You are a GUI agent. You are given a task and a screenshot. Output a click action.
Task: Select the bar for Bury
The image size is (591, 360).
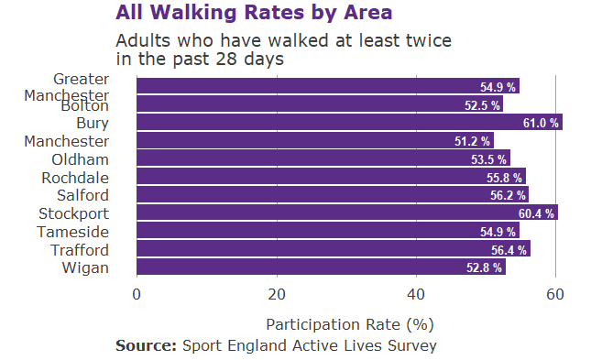pyautogui.click(x=348, y=123)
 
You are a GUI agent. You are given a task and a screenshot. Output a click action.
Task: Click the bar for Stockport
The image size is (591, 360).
pyautogui.click(x=346, y=213)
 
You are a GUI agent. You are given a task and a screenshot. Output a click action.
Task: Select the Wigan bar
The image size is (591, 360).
pyautogui.click(x=321, y=267)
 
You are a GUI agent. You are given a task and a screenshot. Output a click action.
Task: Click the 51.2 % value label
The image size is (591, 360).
pyautogui.click(x=472, y=141)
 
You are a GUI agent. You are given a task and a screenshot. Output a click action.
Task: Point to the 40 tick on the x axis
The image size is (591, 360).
pyautogui.click(x=416, y=294)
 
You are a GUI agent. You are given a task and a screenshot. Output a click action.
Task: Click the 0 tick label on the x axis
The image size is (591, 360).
pyautogui.click(x=137, y=294)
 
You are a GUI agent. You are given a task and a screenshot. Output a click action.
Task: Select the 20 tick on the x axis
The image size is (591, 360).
pyautogui.click(x=277, y=294)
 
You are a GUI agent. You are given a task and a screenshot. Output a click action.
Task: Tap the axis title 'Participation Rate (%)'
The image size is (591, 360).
pyautogui.click(x=349, y=324)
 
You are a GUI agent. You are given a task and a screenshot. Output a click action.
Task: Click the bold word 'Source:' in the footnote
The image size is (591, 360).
pyautogui.click(x=146, y=345)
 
